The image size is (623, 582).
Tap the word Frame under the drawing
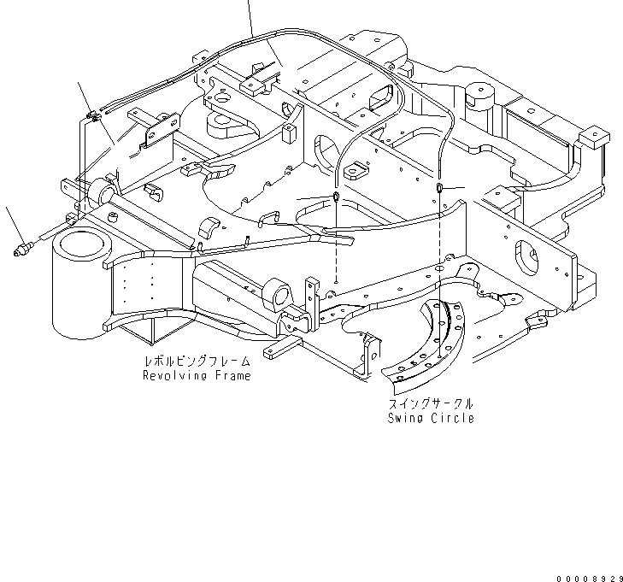(232, 376)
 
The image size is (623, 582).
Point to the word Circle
(453, 418)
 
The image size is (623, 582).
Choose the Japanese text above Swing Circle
(431, 404)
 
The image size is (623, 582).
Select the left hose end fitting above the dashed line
(337, 199)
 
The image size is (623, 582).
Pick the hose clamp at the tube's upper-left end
(92, 117)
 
